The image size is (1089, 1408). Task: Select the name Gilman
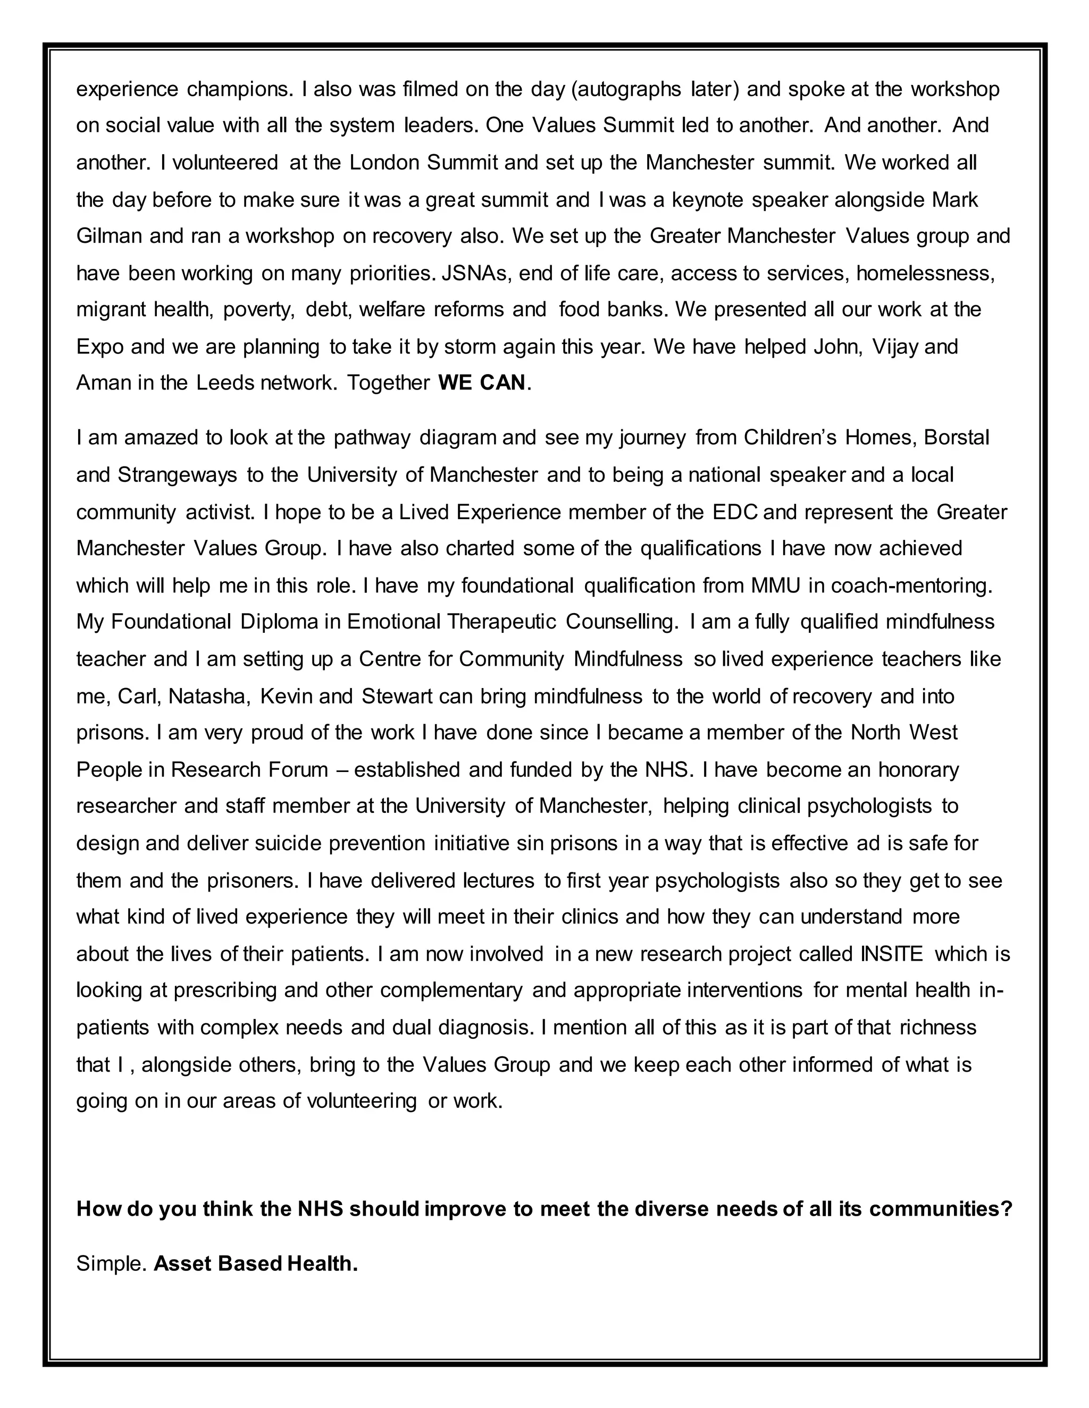pos(109,236)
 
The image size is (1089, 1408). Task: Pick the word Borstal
pos(957,438)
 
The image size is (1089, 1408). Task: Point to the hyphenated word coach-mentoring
pos(910,586)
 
